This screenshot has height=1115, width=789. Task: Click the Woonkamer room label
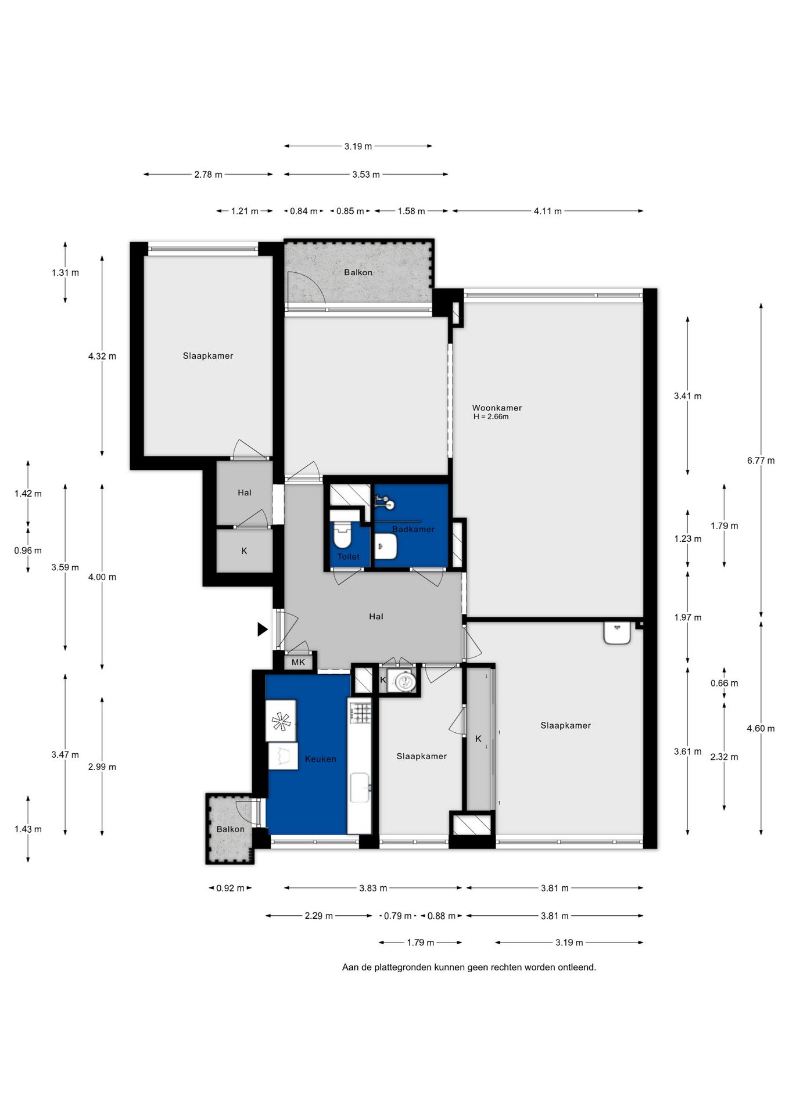pyautogui.click(x=497, y=408)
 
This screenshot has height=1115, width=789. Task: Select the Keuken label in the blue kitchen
pyautogui.click(x=320, y=759)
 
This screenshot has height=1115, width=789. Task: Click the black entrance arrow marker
pyautogui.click(x=263, y=629)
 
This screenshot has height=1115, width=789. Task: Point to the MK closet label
pyautogui.click(x=298, y=662)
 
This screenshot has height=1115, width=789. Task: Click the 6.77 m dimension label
pyautogui.click(x=761, y=461)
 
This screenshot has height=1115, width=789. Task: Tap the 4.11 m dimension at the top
pyautogui.click(x=547, y=211)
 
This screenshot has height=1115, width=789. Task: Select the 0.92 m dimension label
pyautogui.click(x=230, y=888)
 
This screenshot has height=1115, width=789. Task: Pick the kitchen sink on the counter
pyautogui.click(x=360, y=787)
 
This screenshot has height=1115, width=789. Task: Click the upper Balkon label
pyautogui.click(x=358, y=272)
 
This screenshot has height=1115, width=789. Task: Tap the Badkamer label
pyautogui.click(x=413, y=529)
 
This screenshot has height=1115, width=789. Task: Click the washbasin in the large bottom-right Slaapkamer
pyautogui.click(x=617, y=633)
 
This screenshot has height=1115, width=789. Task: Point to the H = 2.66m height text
pyautogui.click(x=491, y=417)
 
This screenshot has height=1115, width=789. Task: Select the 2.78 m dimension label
pyautogui.click(x=208, y=174)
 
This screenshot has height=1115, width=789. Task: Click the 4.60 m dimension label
pyautogui.click(x=761, y=728)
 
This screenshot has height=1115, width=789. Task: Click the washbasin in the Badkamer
pyautogui.click(x=386, y=546)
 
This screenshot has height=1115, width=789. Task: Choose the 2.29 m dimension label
pyautogui.click(x=318, y=916)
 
